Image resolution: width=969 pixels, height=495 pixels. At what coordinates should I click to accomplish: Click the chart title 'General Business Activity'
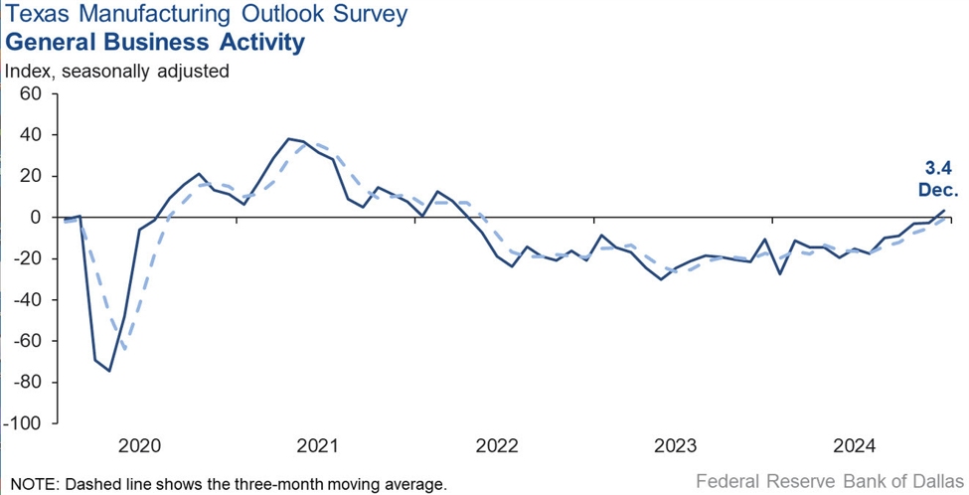tap(154, 43)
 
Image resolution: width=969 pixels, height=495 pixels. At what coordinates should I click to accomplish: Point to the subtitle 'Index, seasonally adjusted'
tap(117, 71)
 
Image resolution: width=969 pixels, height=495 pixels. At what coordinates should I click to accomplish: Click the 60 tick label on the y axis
tap(29, 93)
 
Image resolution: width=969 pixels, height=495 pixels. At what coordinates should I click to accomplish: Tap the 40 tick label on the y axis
tap(29, 134)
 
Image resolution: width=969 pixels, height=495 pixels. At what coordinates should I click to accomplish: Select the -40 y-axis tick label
tap(26, 299)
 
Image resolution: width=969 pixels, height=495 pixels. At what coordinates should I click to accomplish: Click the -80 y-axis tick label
tap(26, 382)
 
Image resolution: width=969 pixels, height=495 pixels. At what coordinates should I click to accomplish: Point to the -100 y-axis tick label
tap(22, 423)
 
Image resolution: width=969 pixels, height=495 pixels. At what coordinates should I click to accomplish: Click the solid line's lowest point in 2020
tap(109, 371)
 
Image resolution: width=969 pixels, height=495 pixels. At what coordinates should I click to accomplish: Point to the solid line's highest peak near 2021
tap(288, 138)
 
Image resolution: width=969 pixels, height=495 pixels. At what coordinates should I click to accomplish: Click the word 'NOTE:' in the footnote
tap(32, 483)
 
